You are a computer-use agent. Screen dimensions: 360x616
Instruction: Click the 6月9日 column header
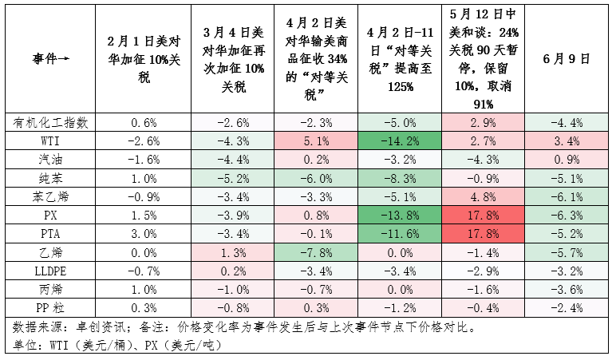pos(566,59)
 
